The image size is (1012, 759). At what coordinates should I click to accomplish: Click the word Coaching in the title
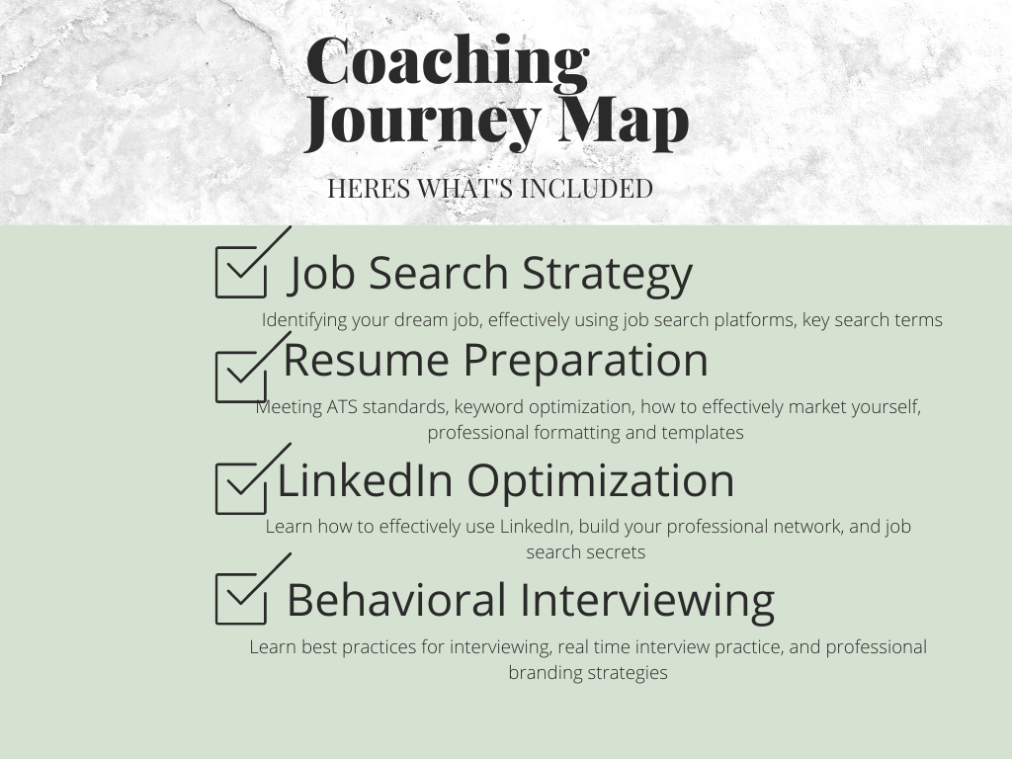click(x=448, y=63)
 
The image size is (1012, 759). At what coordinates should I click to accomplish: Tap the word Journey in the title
click(x=423, y=123)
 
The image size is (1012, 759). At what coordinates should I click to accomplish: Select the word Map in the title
click(x=624, y=123)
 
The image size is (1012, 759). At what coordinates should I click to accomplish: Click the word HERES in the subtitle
click(x=369, y=189)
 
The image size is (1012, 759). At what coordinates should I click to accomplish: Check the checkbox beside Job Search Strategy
click(x=241, y=273)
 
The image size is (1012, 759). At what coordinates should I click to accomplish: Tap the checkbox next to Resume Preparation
click(x=241, y=378)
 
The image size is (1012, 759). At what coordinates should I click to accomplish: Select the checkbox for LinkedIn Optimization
click(x=241, y=489)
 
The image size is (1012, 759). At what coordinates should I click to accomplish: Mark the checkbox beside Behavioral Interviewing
click(x=241, y=599)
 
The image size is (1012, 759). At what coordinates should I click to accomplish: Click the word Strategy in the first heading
click(x=608, y=275)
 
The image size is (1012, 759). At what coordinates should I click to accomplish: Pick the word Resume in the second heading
click(x=366, y=360)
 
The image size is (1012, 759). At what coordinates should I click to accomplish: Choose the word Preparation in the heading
click(x=586, y=362)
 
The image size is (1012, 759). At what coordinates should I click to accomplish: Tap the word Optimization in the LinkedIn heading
click(x=600, y=482)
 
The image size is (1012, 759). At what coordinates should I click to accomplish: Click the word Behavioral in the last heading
click(x=396, y=600)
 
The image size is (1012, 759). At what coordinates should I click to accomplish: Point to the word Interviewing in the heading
click(x=646, y=603)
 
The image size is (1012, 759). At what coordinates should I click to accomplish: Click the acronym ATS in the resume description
click(x=341, y=407)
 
